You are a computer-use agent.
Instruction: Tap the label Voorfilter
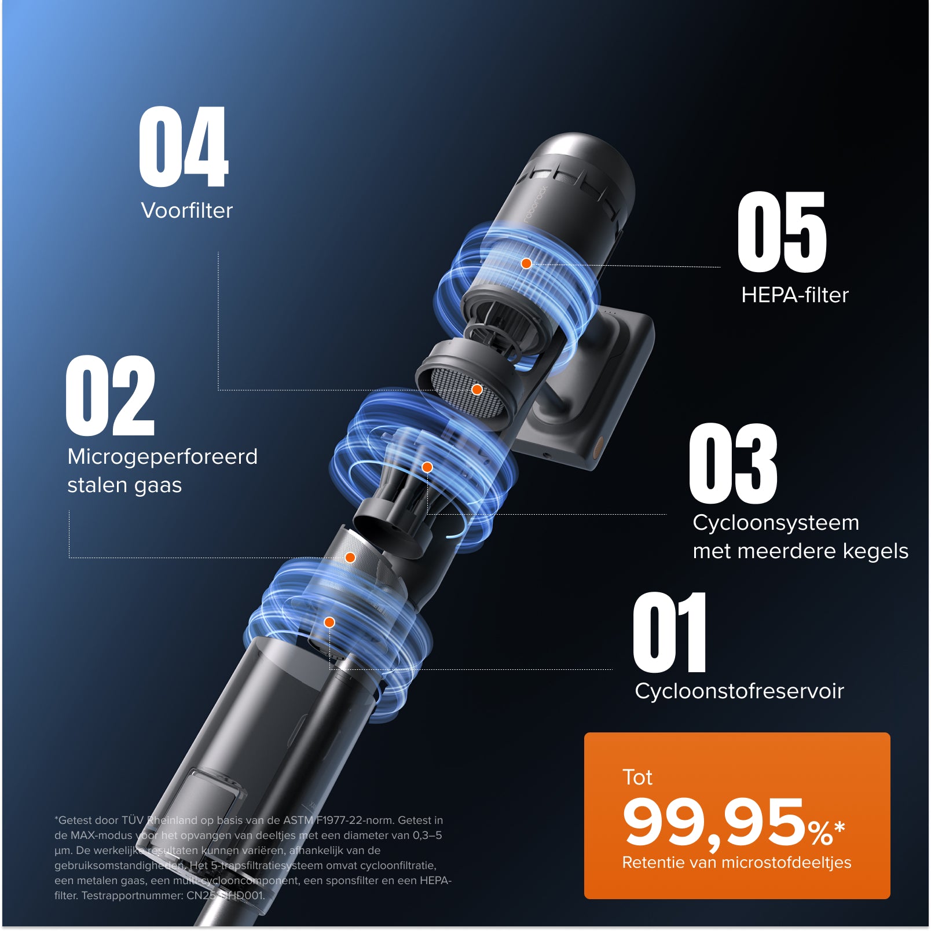[186, 210]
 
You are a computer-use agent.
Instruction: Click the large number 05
[782, 232]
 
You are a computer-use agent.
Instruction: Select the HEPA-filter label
[794, 295]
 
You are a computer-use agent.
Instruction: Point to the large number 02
[111, 395]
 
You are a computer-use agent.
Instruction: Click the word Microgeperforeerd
[162, 457]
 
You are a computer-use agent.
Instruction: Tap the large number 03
[733, 463]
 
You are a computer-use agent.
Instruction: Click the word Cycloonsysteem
[776, 523]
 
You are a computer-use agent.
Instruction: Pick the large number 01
[670, 632]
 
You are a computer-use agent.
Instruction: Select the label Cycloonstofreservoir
[739, 691]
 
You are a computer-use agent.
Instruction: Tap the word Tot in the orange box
[637, 777]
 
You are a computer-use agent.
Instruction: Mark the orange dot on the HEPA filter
[526, 263]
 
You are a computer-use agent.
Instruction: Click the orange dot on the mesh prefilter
[477, 390]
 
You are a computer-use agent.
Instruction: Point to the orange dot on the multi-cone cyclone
[427, 467]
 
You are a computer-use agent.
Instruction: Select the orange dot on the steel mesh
[350, 558]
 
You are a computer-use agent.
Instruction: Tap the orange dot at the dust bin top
[329, 622]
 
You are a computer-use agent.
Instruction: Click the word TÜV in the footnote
[133, 820]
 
